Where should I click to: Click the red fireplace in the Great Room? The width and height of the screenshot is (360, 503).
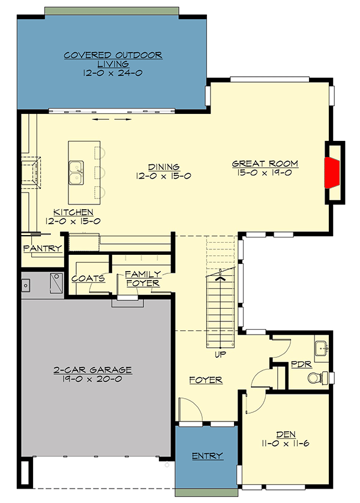[332, 172]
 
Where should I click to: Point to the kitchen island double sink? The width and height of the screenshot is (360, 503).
[76, 172]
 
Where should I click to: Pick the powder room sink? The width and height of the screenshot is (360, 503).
[320, 348]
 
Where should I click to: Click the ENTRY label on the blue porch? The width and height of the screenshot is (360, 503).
[208, 456]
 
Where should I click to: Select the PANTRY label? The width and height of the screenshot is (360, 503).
[42, 248]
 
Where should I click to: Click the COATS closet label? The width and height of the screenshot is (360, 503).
[88, 278]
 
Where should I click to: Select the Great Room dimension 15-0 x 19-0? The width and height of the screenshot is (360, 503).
[265, 172]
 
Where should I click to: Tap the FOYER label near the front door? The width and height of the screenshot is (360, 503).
[206, 380]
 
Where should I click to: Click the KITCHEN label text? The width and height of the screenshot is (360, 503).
[73, 212]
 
